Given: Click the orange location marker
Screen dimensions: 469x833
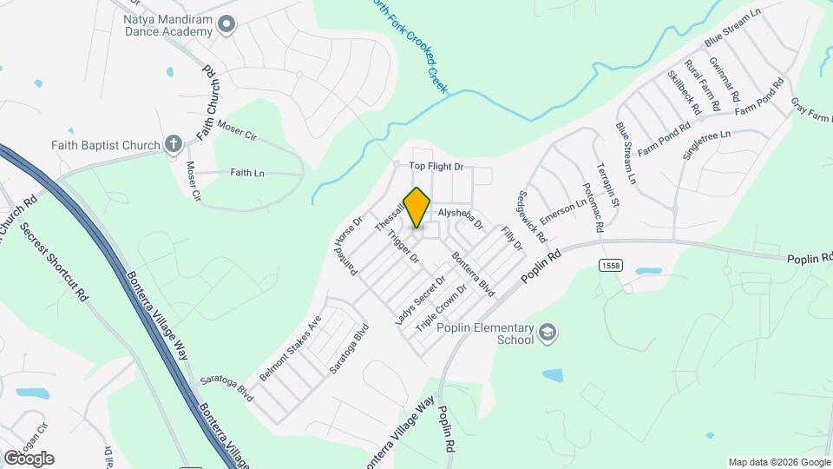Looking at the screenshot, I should click(417, 206).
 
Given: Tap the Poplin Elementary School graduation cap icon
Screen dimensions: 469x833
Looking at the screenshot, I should click(548, 332).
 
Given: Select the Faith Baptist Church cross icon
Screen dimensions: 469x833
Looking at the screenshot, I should click(173, 144).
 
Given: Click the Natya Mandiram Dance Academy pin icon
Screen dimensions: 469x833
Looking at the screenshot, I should click(226, 25).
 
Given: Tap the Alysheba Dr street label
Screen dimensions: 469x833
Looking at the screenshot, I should click(460, 215).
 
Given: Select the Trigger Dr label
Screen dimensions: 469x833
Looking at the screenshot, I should click(403, 247).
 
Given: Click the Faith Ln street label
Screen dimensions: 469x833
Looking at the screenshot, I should click(247, 173).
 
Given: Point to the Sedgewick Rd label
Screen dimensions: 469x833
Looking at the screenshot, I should click(532, 216).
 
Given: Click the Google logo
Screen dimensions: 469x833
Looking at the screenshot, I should click(29, 459).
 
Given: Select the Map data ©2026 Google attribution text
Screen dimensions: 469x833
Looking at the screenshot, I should click(777, 462).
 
